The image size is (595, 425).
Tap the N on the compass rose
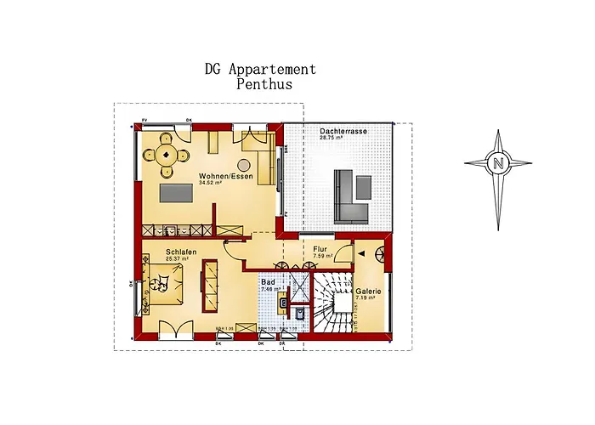click(498, 162)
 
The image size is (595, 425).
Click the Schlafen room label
click(183, 252)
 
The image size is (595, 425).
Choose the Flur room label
click(320, 248)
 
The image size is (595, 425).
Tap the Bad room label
click(266, 280)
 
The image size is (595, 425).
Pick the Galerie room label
click(367, 291)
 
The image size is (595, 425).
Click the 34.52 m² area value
click(211, 182)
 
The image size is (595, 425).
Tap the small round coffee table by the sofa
click(245, 163)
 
